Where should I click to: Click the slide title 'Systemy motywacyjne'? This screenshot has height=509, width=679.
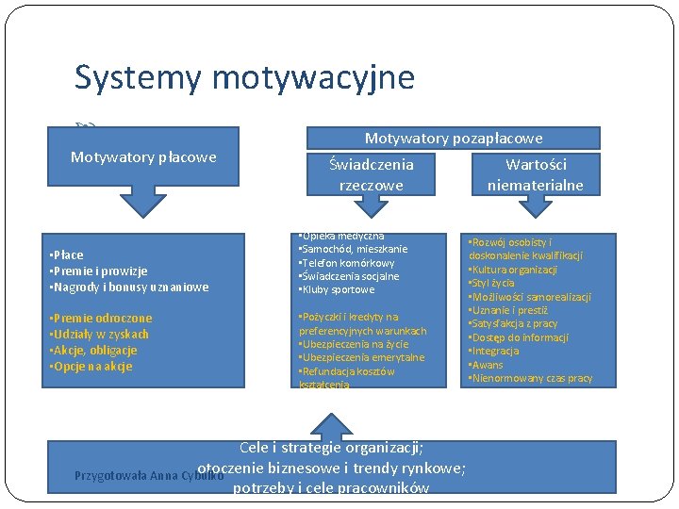244,77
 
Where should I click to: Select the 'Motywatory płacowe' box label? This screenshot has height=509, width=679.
143,156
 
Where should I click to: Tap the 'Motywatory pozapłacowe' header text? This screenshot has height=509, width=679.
454,139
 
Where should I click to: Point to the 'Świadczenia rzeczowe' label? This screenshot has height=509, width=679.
371,174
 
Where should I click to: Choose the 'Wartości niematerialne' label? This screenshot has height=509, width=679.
535,174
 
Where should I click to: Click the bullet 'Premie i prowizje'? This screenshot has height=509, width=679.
98,271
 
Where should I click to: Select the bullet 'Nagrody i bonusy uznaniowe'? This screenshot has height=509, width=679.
128,287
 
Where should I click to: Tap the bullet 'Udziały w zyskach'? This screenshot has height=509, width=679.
98,335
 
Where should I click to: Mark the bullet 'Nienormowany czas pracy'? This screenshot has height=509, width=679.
530,379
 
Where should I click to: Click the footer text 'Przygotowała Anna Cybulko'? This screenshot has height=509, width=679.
149,475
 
